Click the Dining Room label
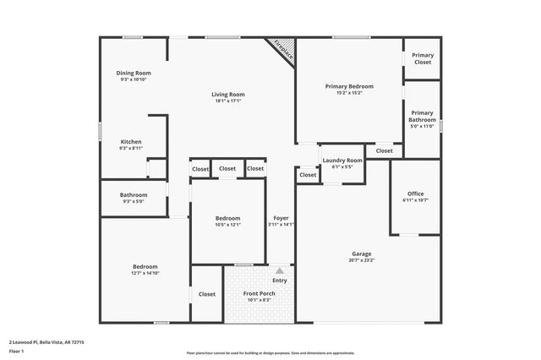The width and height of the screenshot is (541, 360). tap(134, 73)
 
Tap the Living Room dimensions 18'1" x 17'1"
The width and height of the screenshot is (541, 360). tap(227, 101)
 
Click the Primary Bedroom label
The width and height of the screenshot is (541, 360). tap(349, 86)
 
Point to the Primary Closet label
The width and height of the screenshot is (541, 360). tap(422, 59)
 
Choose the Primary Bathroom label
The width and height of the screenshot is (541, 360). tap(422, 117)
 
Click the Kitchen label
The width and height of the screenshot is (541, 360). tap(131, 141)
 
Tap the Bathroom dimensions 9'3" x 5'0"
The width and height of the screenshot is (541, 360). tap(134, 201)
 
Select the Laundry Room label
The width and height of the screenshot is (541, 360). tap(342, 160)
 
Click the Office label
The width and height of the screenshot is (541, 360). tap(415, 194)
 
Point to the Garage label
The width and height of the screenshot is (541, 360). tap(362, 254)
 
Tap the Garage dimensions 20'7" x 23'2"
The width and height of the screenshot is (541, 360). tap(362, 260)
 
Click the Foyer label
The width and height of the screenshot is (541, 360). tap(281, 218)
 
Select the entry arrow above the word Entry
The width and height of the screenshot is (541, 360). tap(280, 271)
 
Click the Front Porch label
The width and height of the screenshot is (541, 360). tap(260, 293)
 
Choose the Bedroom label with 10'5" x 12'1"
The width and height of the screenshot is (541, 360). tap(227, 218)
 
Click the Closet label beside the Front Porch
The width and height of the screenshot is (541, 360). tap(207, 294)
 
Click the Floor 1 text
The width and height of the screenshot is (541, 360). tap(16, 351)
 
